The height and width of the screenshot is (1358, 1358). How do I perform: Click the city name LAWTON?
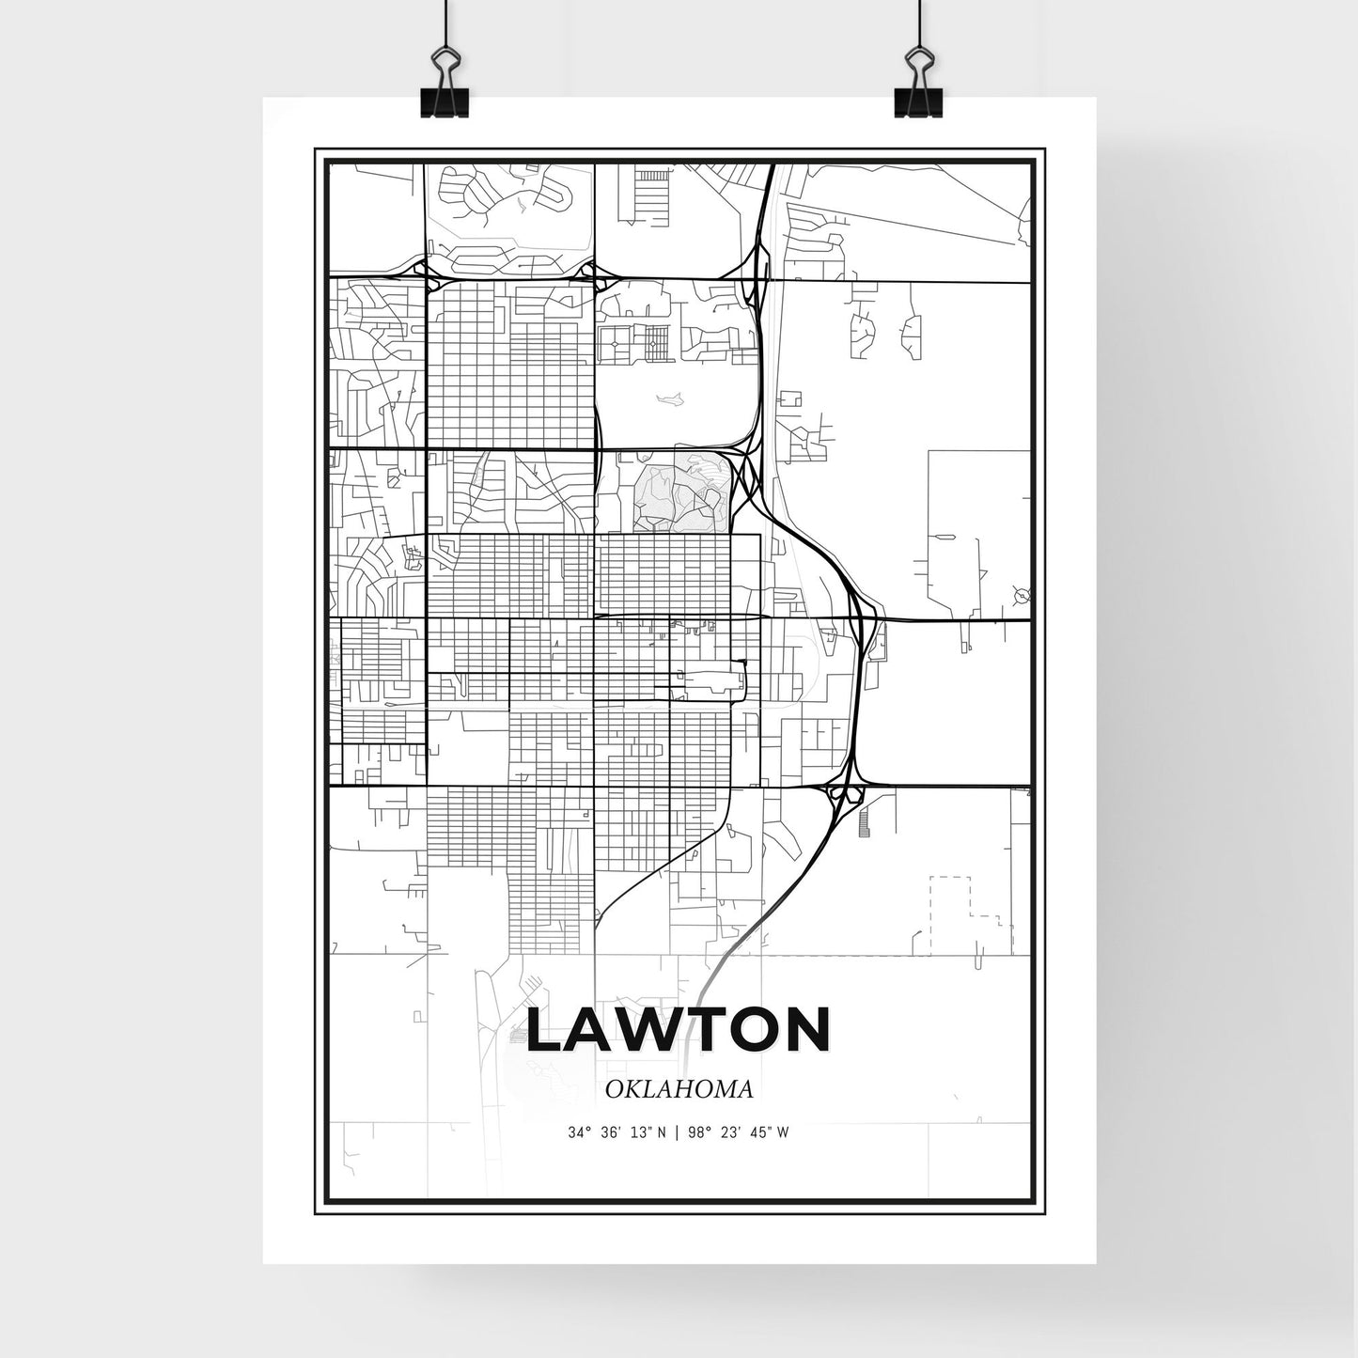tap(679, 1030)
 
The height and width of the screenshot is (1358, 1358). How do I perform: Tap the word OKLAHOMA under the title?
tap(679, 1090)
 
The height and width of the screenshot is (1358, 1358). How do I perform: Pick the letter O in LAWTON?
tap(745, 1030)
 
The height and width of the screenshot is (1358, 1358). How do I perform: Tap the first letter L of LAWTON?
tap(546, 1030)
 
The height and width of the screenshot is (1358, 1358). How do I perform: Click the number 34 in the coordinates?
tap(574, 1132)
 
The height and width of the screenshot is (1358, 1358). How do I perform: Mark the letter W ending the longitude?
tap(783, 1132)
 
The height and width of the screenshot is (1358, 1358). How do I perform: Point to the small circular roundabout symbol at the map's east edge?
tap(1022, 594)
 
